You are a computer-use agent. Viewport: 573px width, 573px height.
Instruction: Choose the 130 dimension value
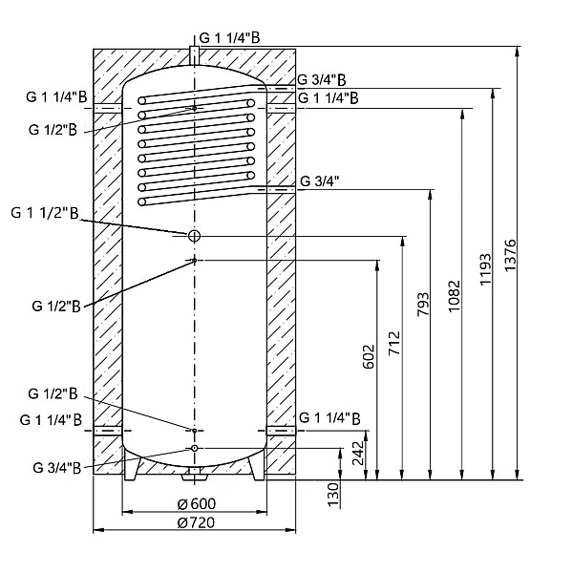point(333,493)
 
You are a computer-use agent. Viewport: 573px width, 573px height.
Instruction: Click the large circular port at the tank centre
point(194,235)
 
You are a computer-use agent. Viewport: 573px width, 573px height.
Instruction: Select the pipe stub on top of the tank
point(194,53)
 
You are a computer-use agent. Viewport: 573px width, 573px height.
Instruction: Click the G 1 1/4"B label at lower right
point(329,417)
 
